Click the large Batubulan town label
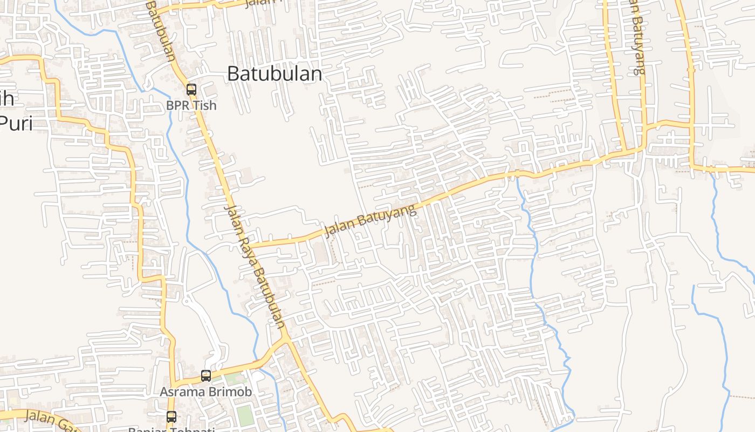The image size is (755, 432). pos(274,73)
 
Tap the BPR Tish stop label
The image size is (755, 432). pos(191,105)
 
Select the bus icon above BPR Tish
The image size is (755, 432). pos(191,90)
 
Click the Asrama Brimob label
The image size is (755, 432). pos(205,391)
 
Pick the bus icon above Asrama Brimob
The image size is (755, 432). pos(206,375)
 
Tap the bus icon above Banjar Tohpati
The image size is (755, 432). pos(171,416)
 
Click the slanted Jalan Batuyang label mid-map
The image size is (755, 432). pos(370,220)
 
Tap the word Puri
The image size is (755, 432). pos(16,123)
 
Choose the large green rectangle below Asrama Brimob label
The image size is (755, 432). pos(244,415)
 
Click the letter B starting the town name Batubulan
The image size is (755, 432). pos(233,73)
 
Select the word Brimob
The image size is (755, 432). pos(232,391)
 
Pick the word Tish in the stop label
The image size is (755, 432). pos(205,105)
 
